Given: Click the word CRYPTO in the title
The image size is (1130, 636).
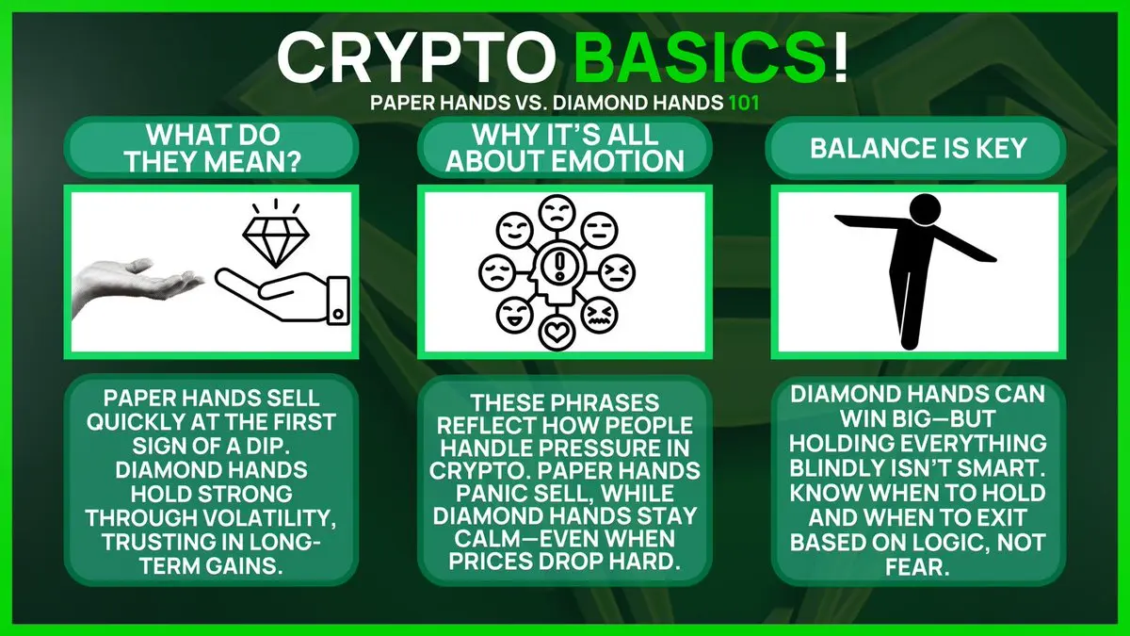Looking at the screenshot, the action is click(x=416, y=58).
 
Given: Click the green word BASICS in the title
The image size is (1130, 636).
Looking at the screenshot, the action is click(x=701, y=58).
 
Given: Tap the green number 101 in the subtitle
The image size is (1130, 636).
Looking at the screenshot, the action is click(x=744, y=103).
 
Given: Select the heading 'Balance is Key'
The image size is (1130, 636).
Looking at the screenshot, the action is click(x=918, y=149).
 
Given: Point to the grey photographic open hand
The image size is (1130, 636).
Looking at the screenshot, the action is click(x=137, y=287).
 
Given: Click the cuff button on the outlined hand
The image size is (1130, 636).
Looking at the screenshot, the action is click(x=338, y=314).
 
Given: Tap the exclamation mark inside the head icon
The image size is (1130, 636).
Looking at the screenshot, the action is click(x=559, y=267).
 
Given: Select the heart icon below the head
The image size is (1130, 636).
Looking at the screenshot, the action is click(x=557, y=333).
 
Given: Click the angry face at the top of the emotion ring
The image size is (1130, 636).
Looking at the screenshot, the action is click(x=557, y=213).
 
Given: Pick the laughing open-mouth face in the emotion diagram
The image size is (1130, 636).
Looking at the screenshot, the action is click(x=514, y=315).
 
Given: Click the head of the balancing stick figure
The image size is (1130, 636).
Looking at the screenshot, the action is click(x=925, y=210).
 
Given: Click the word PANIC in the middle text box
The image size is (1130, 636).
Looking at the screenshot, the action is click(x=490, y=493).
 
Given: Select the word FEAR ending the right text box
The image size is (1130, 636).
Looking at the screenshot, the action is click(x=917, y=567).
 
